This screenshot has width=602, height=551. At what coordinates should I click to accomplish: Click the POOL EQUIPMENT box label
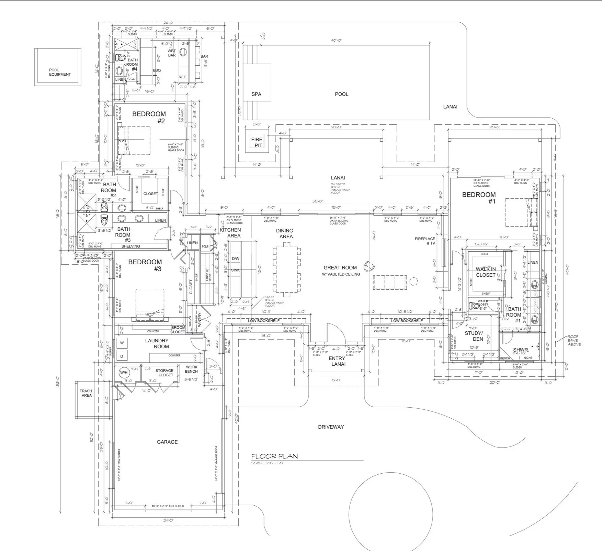(60, 72)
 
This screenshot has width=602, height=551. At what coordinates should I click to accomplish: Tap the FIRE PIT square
(257, 142)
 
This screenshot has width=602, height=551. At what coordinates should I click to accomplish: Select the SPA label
(256, 94)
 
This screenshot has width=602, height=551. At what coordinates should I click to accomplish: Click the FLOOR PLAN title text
(274, 456)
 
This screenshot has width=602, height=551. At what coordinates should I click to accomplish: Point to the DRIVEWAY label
(331, 427)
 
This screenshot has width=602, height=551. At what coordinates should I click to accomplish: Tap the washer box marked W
(122, 343)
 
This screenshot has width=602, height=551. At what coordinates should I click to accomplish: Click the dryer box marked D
(122, 356)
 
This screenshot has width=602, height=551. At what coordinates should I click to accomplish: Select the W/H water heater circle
(124, 372)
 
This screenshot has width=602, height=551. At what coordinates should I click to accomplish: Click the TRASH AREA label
(86, 393)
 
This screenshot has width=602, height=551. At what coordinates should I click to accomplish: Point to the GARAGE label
(167, 442)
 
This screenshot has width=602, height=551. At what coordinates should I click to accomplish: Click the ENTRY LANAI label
(337, 361)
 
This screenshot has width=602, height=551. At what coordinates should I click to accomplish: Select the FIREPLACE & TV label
(425, 241)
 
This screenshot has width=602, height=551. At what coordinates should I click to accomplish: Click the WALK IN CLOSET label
(486, 272)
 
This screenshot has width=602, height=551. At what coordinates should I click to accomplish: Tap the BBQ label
(157, 70)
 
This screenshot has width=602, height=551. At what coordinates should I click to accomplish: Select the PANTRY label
(200, 319)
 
